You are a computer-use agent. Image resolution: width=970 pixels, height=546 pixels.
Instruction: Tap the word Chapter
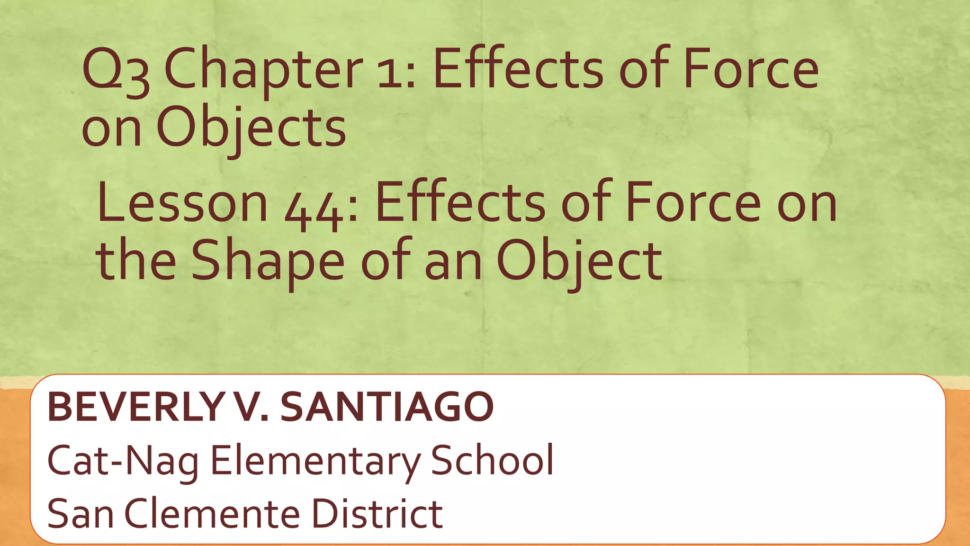pyautogui.click(x=263, y=71)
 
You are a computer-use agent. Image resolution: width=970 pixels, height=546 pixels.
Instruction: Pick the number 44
pyautogui.click(x=314, y=209)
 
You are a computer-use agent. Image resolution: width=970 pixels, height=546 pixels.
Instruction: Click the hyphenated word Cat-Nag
pyautogui.click(x=123, y=461)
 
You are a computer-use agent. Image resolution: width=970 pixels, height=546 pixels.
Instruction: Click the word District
pyautogui.click(x=377, y=514)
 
